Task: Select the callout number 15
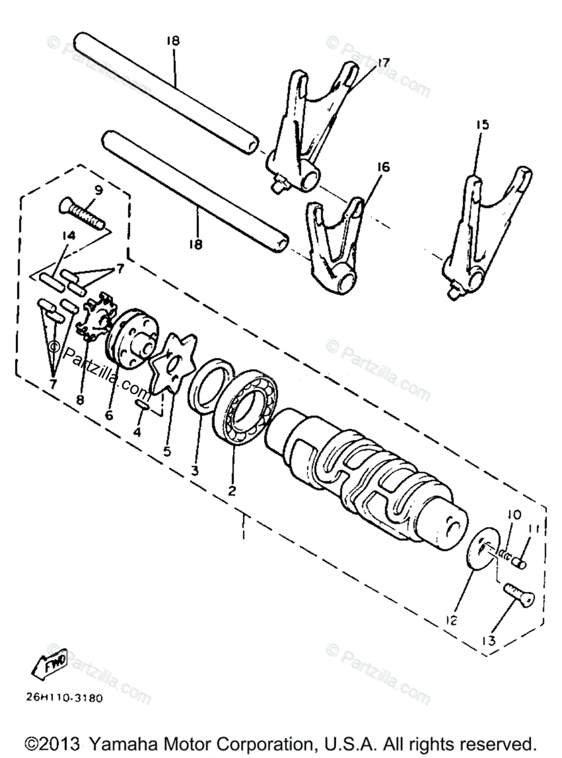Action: [482, 126]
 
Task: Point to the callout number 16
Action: [385, 167]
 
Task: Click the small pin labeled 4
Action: [142, 405]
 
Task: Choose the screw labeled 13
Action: [518, 595]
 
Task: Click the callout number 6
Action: [109, 416]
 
